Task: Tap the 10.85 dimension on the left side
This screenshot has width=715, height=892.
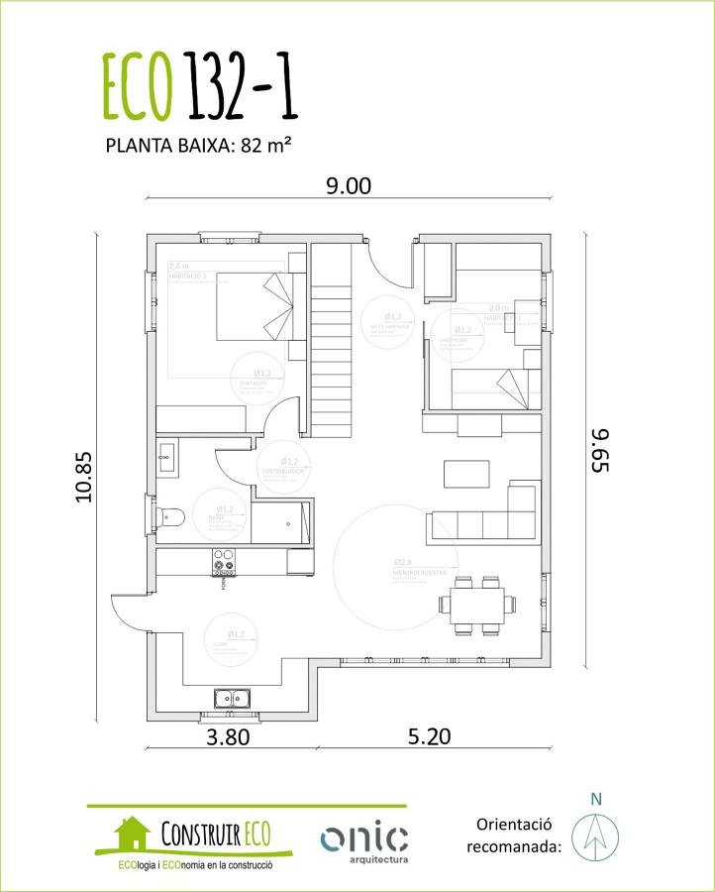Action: (x=83, y=478)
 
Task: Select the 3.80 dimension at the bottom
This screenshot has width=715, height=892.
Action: (x=228, y=736)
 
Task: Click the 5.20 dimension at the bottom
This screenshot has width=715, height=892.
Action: (x=428, y=736)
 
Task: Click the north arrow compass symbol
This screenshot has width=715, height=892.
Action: (x=595, y=835)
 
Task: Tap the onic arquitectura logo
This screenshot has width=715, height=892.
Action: (x=363, y=840)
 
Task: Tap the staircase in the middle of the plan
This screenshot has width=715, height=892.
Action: (x=331, y=337)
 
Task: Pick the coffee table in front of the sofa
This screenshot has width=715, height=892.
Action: (x=466, y=474)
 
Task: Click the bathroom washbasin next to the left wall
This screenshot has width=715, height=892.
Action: (x=165, y=459)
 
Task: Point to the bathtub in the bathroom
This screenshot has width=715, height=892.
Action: (x=281, y=522)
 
